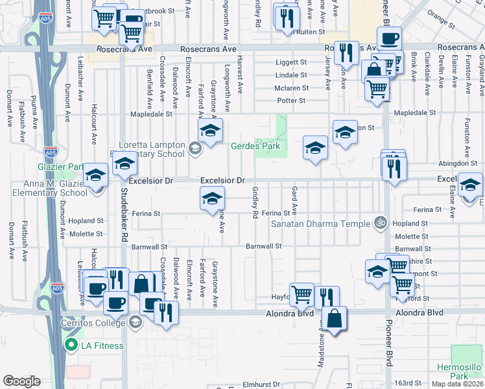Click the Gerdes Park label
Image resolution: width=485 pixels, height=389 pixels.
coord(255,146)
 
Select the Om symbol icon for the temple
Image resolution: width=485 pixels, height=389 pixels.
coord(380,222)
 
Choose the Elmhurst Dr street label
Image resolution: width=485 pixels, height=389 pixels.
coord(262,383)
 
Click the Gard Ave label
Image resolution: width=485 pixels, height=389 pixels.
coord(294,201)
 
